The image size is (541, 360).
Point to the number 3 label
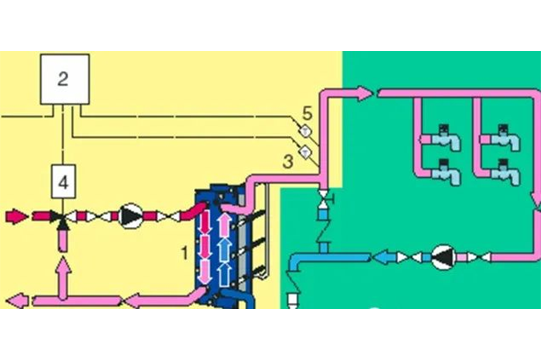[288, 161]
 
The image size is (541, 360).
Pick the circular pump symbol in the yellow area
[131, 215]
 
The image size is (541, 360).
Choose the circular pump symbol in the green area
[443, 257]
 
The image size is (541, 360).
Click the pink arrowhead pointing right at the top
[365, 93]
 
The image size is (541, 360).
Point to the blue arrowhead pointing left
[380, 257]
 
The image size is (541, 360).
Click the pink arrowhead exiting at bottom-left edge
[15, 299]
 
